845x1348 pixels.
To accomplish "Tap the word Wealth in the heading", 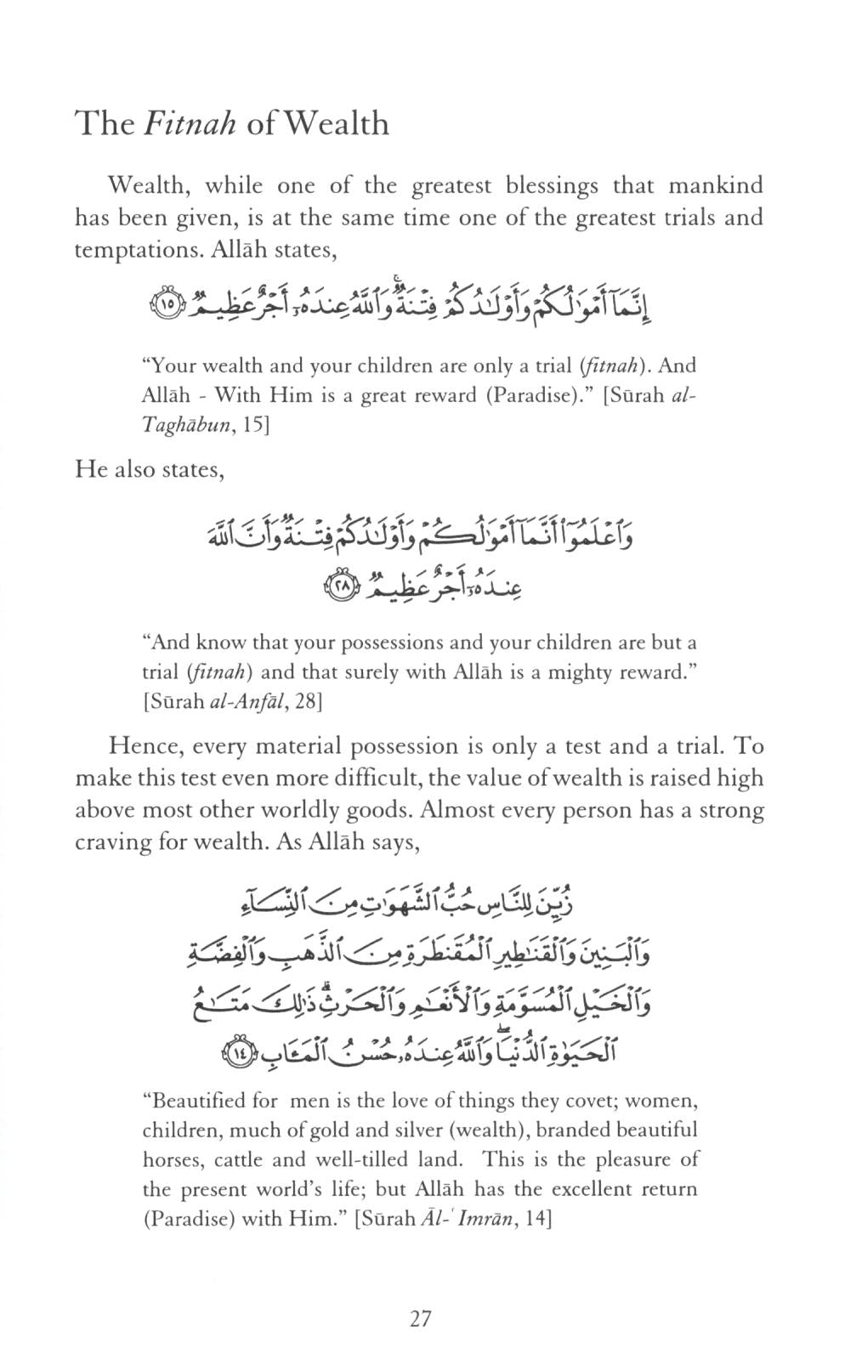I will pyautogui.click(x=337, y=124).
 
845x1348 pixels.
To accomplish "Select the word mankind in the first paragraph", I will pyautogui.click(x=715, y=185).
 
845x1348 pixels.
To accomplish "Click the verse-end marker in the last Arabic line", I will pyautogui.click(x=240, y=1055).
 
